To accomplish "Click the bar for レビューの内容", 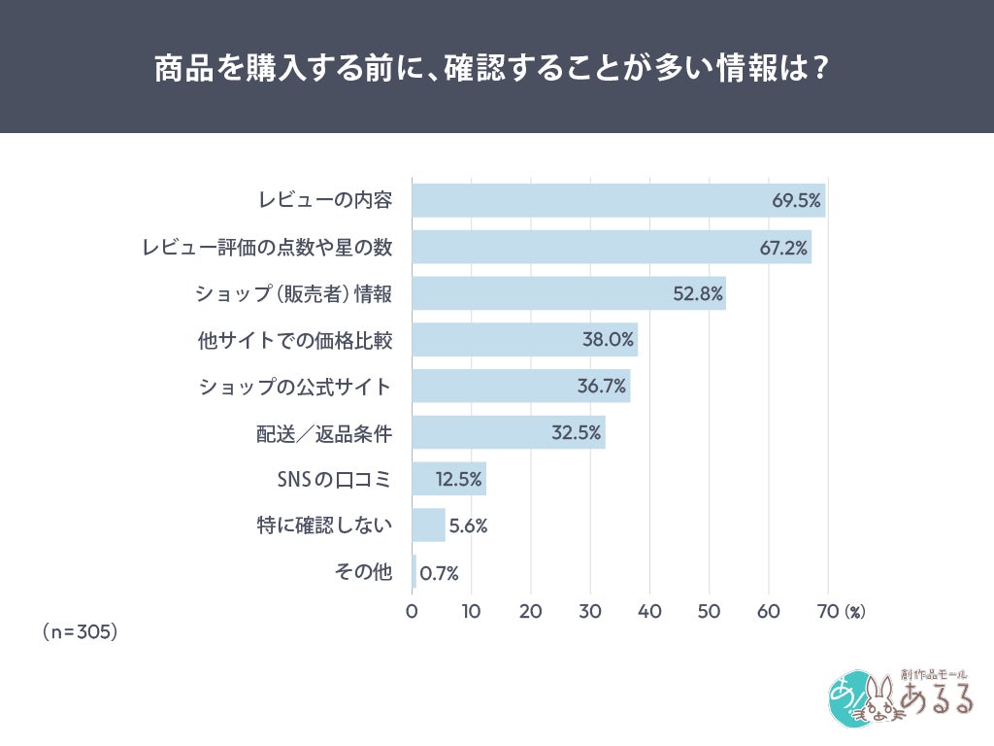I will (x=618, y=200).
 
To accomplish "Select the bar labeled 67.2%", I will (x=612, y=247).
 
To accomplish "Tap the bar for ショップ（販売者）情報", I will (x=569, y=293).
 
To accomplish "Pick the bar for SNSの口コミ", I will (x=448, y=479).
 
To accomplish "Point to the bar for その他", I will (x=414, y=572).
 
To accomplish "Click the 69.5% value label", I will (x=796, y=201).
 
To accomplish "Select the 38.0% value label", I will (x=609, y=340).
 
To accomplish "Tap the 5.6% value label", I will (x=468, y=526).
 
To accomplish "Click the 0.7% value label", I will (x=439, y=573).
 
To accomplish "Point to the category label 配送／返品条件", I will (x=324, y=433).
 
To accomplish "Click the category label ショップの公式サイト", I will (x=295, y=387).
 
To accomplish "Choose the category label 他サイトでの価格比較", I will (x=294, y=340).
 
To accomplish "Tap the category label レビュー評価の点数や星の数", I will (x=267, y=247).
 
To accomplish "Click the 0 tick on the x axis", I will (x=412, y=611).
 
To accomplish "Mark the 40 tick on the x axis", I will (x=649, y=611).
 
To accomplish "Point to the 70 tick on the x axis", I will (x=828, y=611).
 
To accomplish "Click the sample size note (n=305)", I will (x=80, y=631).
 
